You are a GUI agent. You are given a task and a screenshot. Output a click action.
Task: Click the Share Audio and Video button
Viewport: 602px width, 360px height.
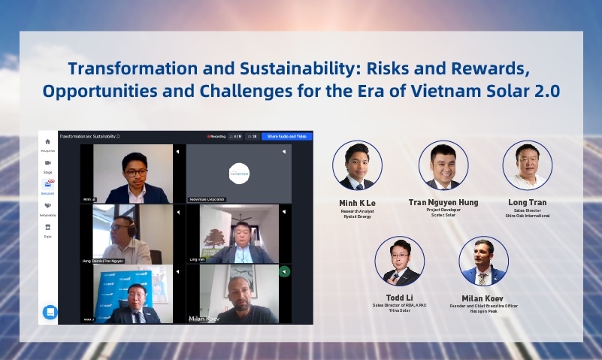(x=286, y=137)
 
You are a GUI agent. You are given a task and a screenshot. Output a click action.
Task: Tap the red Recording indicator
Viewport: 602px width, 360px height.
(x=216, y=137)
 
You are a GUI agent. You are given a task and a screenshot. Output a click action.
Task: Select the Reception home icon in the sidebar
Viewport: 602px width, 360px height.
(x=48, y=141)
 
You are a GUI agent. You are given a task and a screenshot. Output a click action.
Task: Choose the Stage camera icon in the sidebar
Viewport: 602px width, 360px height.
(x=48, y=162)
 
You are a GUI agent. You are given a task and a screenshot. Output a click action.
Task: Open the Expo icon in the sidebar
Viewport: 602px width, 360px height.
(x=48, y=226)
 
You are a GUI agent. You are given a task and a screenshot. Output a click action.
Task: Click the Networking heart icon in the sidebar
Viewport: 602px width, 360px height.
(x=48, y=205)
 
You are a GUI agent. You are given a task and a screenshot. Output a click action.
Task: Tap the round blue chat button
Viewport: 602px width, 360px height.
(x=50, y=312)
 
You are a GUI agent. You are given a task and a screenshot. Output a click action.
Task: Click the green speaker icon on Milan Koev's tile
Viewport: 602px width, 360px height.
(x=284, y=271)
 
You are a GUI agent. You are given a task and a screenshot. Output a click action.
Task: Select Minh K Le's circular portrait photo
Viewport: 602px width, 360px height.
(x=357, y=166)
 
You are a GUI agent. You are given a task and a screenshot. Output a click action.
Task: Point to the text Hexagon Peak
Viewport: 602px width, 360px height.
(x=483, y=310)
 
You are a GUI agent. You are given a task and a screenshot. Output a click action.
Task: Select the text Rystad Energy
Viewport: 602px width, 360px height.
(x=357, y=216)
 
